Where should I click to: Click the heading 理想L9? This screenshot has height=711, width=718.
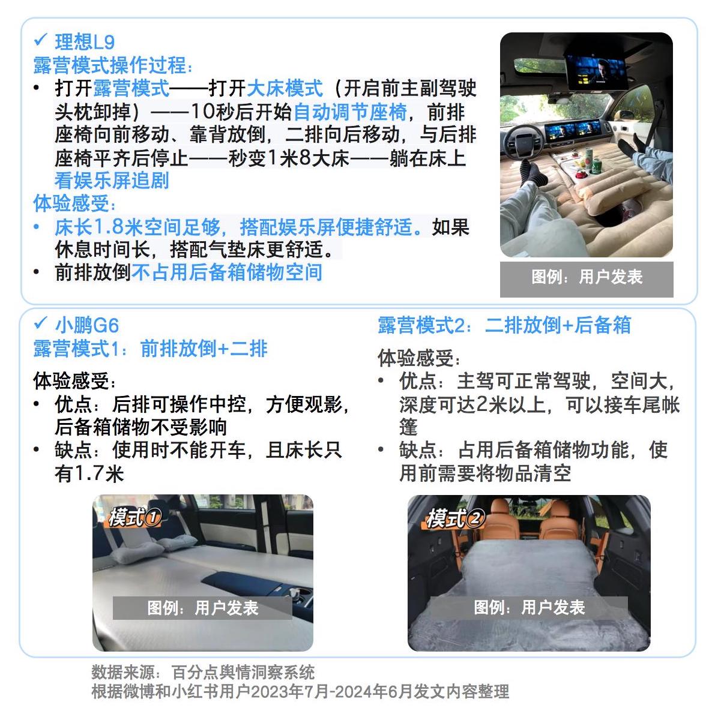coord(85,42)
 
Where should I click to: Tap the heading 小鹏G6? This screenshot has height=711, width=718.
coord(87,325)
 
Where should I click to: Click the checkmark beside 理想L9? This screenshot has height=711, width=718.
coord(40,40)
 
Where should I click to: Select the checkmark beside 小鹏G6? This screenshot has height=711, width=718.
coord(40,323)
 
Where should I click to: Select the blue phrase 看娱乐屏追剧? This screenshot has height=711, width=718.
coord(112,181)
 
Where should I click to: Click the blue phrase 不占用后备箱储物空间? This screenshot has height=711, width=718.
coord(226,272)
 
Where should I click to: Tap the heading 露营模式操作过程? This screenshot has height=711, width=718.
coord(113,65)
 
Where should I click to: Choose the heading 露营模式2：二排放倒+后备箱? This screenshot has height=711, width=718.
coord(504,325)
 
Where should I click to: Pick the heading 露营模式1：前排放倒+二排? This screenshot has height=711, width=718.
coord(150,349)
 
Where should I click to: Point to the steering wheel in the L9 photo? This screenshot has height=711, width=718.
coord(531,143)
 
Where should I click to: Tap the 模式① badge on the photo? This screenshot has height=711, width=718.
coord(134,517)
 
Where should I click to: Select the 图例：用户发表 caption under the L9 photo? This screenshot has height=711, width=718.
coord(587,277)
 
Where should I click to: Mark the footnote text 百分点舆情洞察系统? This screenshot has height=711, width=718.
coord(243,671)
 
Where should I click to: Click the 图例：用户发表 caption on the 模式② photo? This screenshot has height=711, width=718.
coord(529,607)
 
